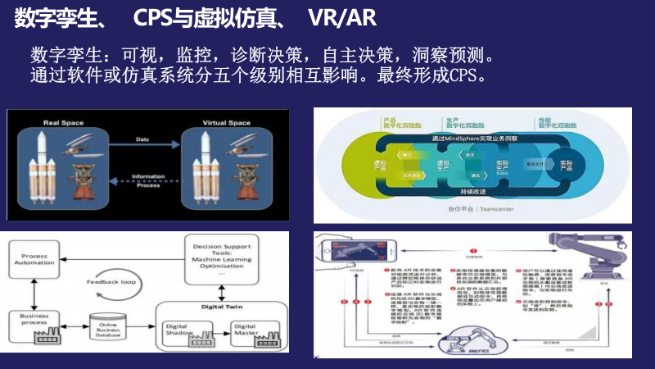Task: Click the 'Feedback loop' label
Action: point(112,281)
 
